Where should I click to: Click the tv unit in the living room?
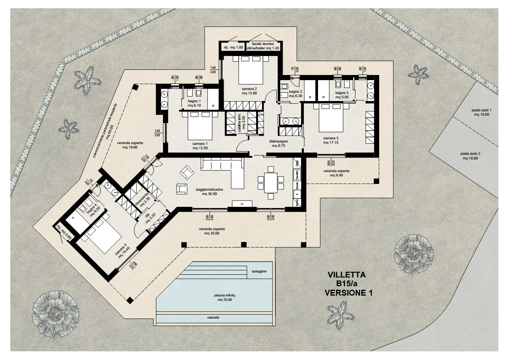click(242, 203)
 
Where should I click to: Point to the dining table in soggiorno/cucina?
click(270, 182)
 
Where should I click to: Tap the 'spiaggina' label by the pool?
click(259, 272)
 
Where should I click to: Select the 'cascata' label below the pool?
click(213, 317)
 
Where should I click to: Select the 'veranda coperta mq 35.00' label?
click(212, 231)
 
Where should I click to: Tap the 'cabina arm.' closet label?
click(241, 123)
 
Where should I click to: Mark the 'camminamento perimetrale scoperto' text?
click(106, 131)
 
